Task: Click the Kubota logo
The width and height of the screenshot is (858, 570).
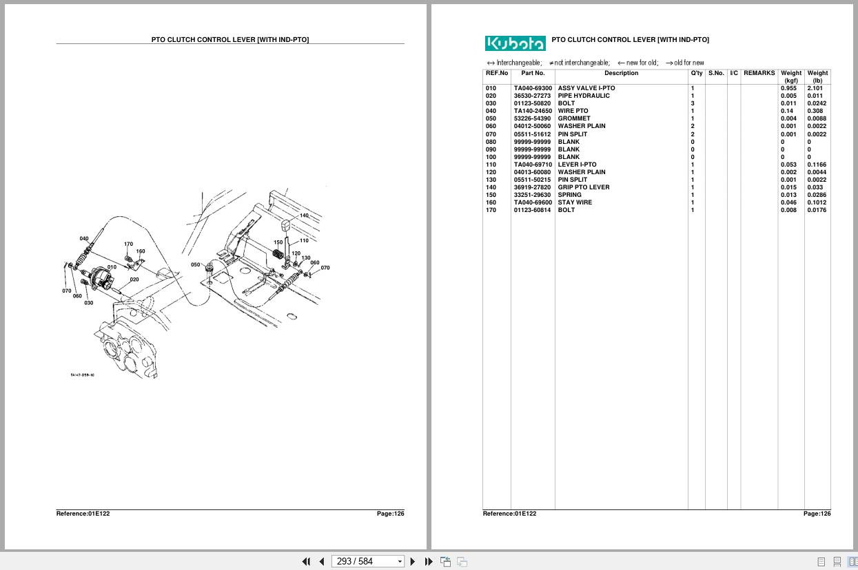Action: pyautogui.click(x=515, y=43)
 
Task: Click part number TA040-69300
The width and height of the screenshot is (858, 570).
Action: pyautogui.click(x=532, y=89)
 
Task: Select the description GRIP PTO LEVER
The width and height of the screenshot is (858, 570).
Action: pyautogui.click(x=583, y=187)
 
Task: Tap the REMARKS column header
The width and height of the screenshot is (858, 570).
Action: pyautogui.click(x=759, y=74)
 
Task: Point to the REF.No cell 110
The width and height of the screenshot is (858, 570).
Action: pyautogui.click(x=491, y=165)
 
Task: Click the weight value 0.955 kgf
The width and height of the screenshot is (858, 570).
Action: pyautogui.click(x=788, y=89)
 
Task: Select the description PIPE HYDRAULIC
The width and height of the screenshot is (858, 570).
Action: pyautogui.click(x=583, y=96)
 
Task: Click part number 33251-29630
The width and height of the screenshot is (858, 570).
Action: pyautogui.click(x=532, y=195)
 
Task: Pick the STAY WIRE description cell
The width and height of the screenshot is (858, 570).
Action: pyautogui.click(x=575, y=202)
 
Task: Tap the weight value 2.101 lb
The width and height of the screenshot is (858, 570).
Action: pyautogui.click(x=815, y=89)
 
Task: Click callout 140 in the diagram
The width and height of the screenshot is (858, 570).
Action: pyautogui.click(x=304, y=215)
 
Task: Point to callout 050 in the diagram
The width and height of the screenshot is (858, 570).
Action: pyautogui.click(x=196, y=264)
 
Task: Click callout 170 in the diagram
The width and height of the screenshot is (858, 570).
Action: pyautogui.click(x=128, y=244)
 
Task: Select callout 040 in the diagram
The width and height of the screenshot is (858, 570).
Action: pyautogui.click(x=84, y=239)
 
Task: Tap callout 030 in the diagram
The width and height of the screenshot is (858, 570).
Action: pyautogui.click(x=89, y=303)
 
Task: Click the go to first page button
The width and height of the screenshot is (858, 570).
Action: pyautogui.click(x=306, y=561)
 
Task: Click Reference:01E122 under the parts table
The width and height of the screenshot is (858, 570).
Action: pyautogui.click(x=509, y=514)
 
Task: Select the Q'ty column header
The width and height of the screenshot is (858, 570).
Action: pyautogui.click(x=697, y=74)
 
